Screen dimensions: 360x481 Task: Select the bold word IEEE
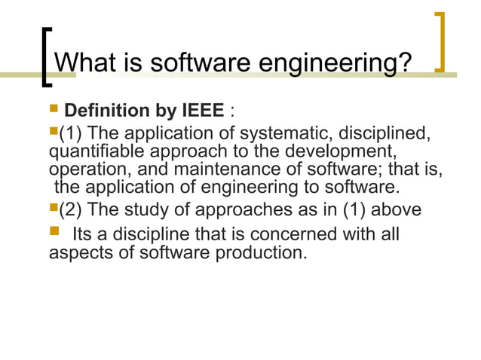202,112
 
